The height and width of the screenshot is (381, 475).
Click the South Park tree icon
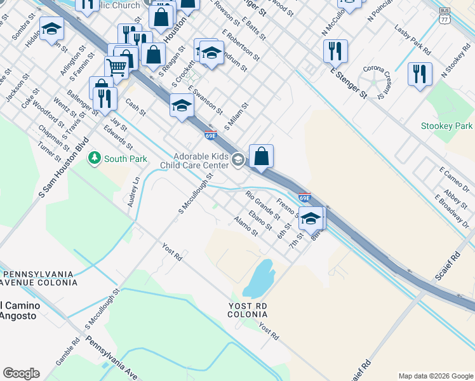pyautogui.click(x=95, y=157)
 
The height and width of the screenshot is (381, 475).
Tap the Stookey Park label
pyautogui.click(x=446, y=126)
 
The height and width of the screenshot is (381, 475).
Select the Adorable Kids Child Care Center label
pyautogui.click(x=202, y=161)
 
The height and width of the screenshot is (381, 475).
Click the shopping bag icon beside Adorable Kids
pyautogui.click(x=261, y=156)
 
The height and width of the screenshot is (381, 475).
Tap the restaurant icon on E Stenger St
pyautogui.click(x=335, y=51)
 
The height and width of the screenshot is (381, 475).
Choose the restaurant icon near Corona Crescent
pyautogui.click(x=420, y=74)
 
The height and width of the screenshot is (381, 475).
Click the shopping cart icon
pyautogui.click(x=117, y=66)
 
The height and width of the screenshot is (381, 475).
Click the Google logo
pyautogui.click(x=21, y=373)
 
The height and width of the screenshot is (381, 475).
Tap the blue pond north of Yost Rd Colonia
pyautogui.click(x=259, y=278)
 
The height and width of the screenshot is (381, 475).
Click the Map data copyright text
pyautogui.click(x=436, y=376)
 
